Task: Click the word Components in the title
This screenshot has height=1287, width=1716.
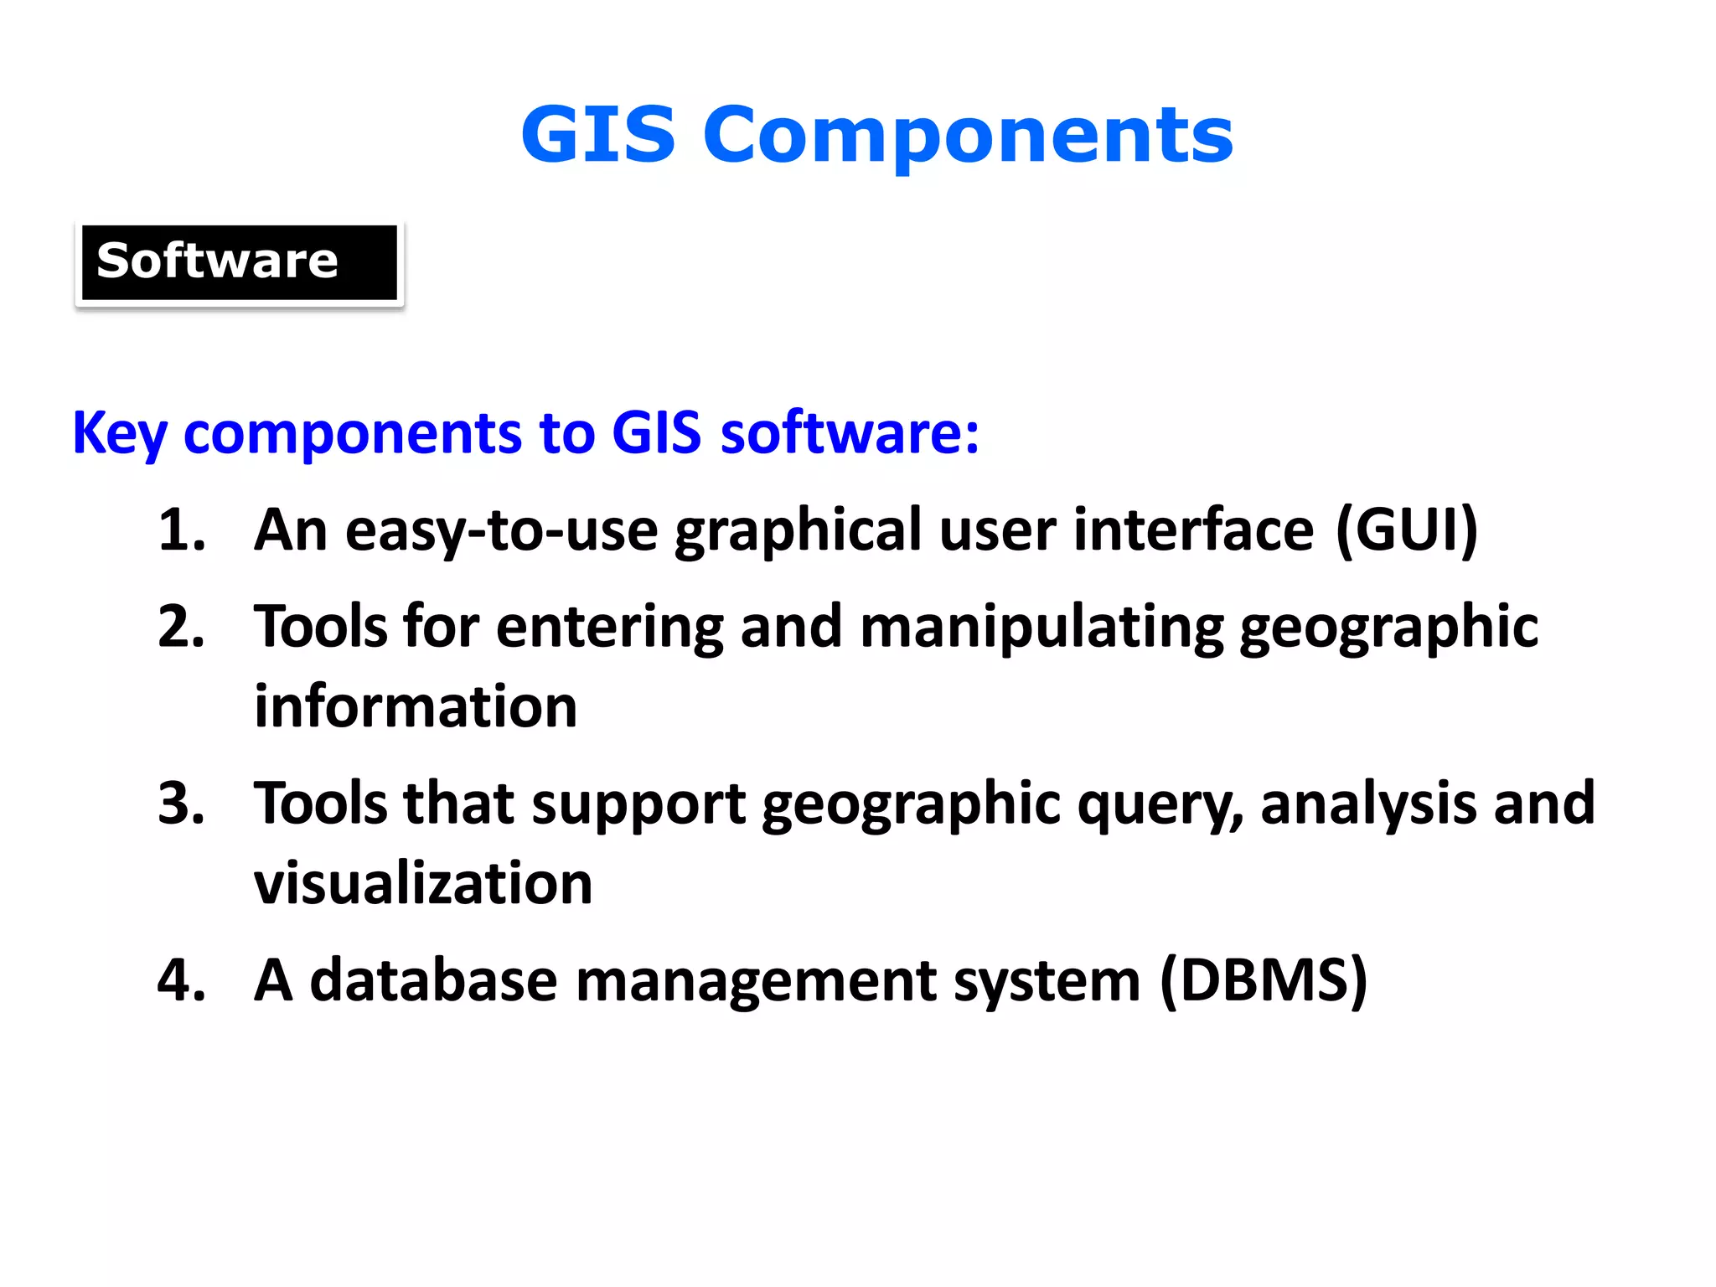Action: (968, 135)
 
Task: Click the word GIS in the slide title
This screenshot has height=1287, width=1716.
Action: (597, 135)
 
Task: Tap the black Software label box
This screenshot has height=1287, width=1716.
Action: (239, 262)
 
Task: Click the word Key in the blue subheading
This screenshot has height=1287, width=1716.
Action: (120, 433)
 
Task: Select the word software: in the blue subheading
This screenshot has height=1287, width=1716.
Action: (849, 433)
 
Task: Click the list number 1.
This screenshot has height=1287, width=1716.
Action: (181, 530)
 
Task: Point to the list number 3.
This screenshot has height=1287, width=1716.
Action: (181, 804)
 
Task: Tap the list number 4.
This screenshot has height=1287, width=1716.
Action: (181, 980)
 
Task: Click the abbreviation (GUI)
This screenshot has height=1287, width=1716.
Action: (1407, 530)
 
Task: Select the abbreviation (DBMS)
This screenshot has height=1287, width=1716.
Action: (1264, 980)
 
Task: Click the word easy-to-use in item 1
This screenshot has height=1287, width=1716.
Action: (501, 532)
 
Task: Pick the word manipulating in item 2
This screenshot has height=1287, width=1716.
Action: (1041, 628)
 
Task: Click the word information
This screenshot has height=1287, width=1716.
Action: (416, 707)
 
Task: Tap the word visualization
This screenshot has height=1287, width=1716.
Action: (423, 884)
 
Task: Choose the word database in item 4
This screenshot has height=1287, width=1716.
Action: (433, 980)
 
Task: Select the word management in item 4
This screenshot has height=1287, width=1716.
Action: (756, 982)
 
